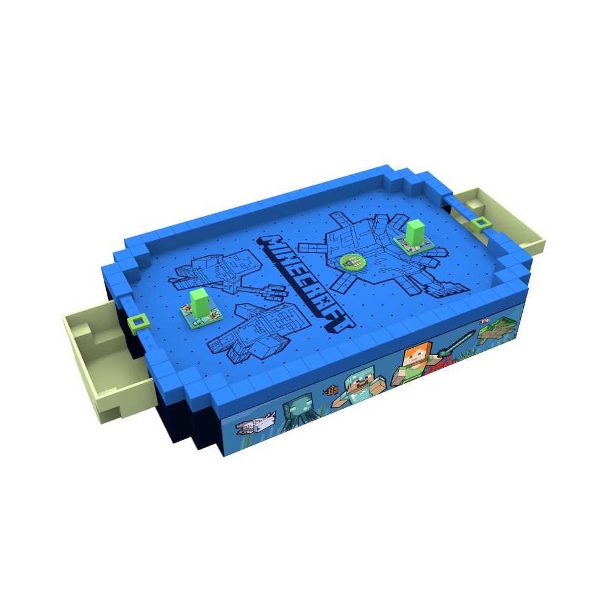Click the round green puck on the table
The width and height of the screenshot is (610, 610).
(x=353, y=262)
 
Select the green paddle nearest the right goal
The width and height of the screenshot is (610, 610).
(x=413, y=237)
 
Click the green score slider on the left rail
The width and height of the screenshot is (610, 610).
(x=138, y=322)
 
